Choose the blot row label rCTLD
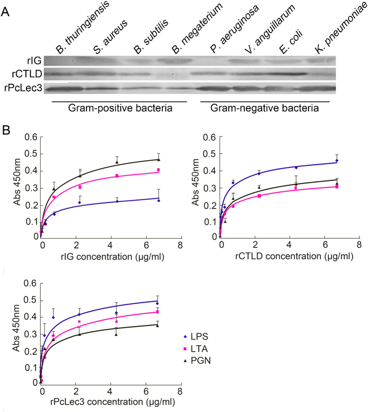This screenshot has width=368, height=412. click(x=29, y=74)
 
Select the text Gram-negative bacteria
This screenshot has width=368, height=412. click(x=264, y=109)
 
